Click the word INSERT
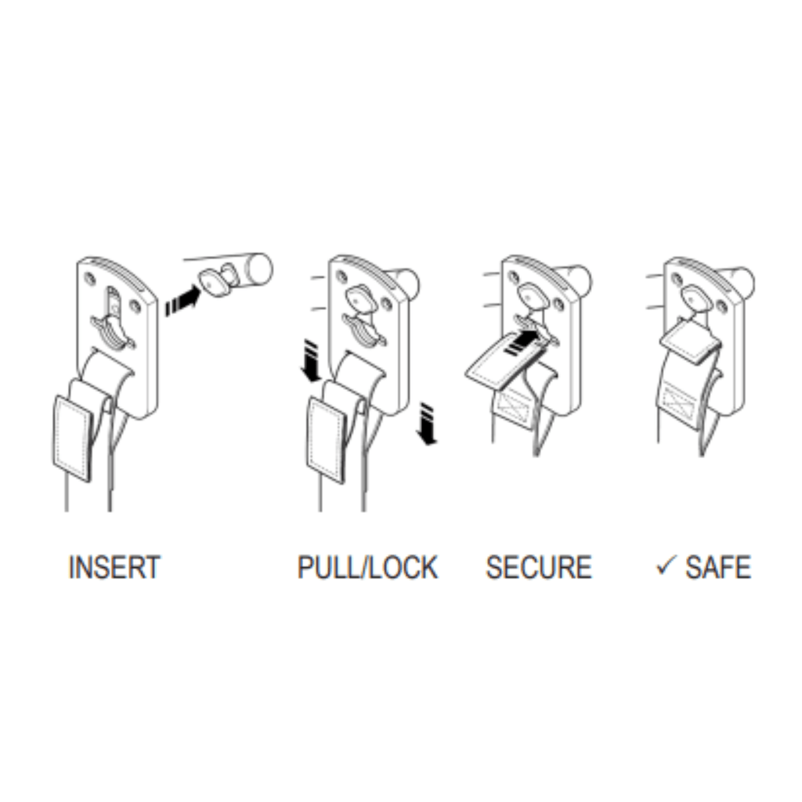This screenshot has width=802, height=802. pyautogui.click(x=114, y=567)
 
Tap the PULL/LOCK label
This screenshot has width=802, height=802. pyautogui.click(x=368, y=568)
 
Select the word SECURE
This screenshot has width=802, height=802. pyautogui.click(x=539, y=567)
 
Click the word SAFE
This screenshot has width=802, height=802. pyautogui.click(x=718, y=567)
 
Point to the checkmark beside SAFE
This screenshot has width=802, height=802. pyautogui.click(x=667, y=565)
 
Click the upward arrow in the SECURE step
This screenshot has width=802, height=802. pyautogui.click(x=522, y=341)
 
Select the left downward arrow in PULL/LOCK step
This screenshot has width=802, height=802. pyautogui.click(x=311, y=360)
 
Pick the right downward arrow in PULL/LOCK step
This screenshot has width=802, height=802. pyautogui.click(x=426, y=424)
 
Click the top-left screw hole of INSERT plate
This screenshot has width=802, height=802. pyautogui.click(x=91, y=278)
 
